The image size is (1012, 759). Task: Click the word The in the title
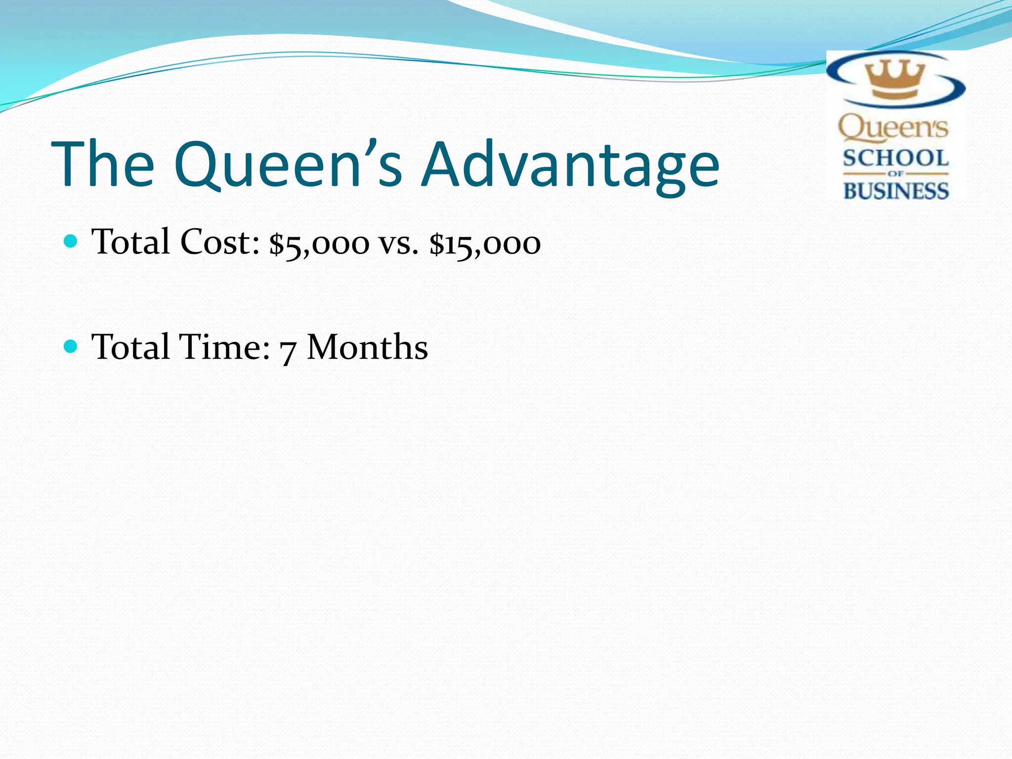coord(103,164)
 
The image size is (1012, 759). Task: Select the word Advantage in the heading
coord(571,164)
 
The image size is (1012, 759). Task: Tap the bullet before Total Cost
coord(71,241)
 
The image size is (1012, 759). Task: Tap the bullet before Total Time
coord(71,346)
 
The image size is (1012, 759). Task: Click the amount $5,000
coord(319,243)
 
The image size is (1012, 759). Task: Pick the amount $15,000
coord(485,243)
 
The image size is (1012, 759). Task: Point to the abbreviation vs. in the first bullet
coord(398,243)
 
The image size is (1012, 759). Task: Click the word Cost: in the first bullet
coord(220,242)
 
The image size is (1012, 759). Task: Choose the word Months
coord(367,347)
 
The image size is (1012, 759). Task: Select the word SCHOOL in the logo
coord(895,159)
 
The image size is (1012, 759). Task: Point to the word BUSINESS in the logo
coord(895,191)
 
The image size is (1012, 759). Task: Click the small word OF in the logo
coord(895,174)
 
